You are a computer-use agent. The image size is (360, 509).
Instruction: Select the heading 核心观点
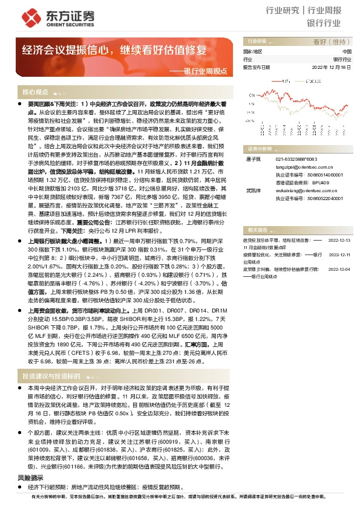pyautogui.click(x=35, y=92)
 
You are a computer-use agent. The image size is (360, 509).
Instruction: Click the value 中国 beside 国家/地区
pyautogui.click(x=346, y=52)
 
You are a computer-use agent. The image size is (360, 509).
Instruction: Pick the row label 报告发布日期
pyautogui.click(x=256, y=68)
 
